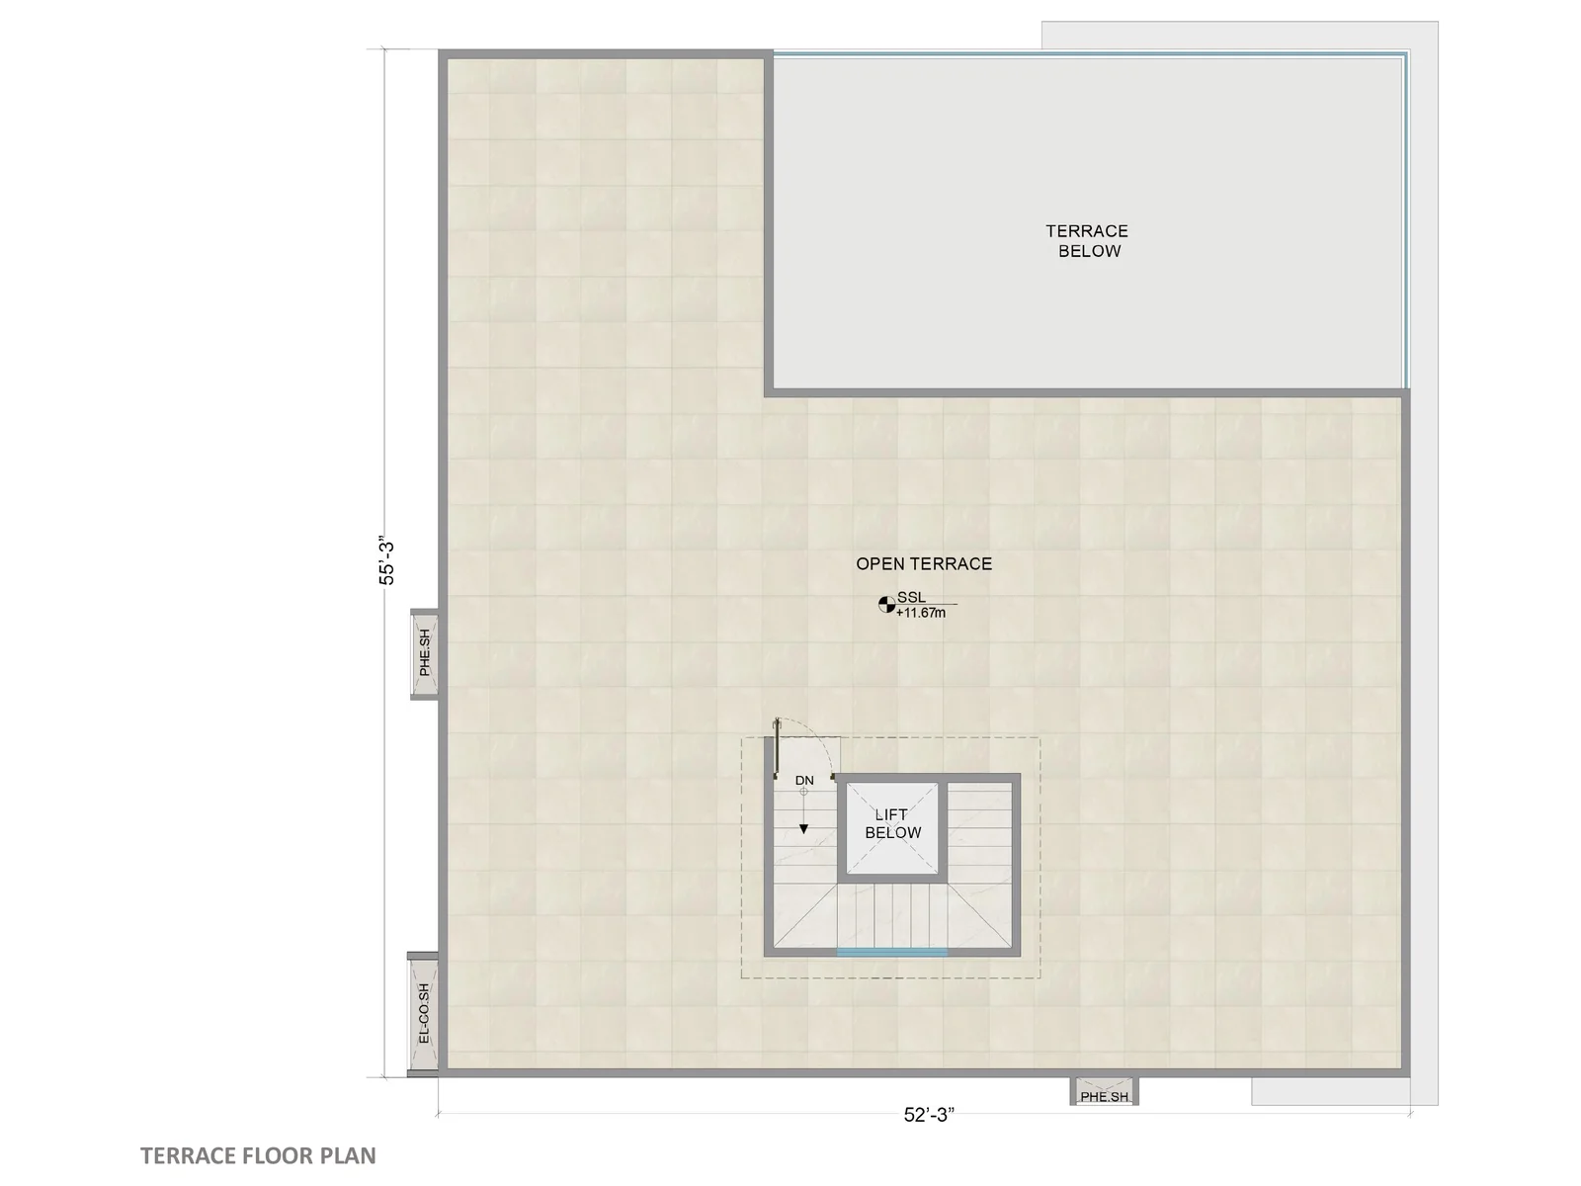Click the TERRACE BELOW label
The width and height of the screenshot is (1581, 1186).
click(1087, 240)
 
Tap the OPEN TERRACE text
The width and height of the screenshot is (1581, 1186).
click(923, 563)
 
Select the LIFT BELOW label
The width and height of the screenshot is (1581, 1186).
click(892, 823)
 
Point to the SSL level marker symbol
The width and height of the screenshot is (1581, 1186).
click(886, 604)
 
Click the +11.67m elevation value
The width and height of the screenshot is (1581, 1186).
click(921, 613)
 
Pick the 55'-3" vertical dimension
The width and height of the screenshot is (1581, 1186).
click(387, 561)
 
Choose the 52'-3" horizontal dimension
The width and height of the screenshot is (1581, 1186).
click(929, 1115)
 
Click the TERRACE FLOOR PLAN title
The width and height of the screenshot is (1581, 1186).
click(258, 1155)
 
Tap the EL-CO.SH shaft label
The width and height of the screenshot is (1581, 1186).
click(424, 1013)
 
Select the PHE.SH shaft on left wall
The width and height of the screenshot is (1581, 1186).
click(424, 653)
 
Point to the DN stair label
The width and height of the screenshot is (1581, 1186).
click(804, 781)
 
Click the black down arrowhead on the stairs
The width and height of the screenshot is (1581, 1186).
click(803, 829)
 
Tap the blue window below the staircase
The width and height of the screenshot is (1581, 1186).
click(891, 952)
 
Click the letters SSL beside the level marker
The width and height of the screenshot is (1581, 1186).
click(911, 597)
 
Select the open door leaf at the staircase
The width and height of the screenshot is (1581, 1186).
click(778, 748)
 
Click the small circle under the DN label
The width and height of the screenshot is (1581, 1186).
click(803, 792)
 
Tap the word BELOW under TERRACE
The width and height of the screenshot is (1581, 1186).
click(1089, 251)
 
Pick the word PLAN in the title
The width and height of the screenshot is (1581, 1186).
click(348, 1155)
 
